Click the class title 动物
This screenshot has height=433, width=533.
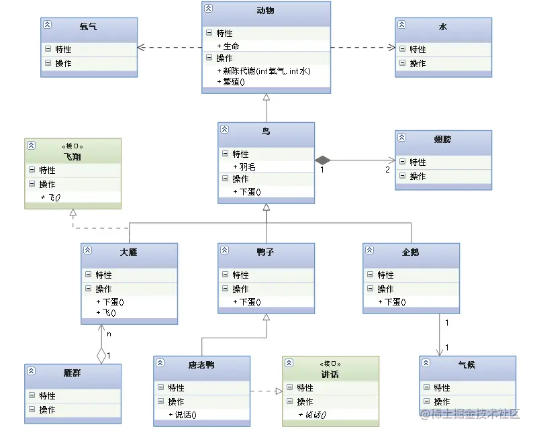pos(266,11)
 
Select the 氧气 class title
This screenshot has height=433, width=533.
pos(89,27)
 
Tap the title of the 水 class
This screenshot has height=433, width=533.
pos(443,27)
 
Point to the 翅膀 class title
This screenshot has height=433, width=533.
pos(443,140)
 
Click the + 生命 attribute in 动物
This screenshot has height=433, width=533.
pos(228,46)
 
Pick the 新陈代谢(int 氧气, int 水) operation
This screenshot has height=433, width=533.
pos(264,70)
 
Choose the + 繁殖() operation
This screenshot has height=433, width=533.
pos(231,82)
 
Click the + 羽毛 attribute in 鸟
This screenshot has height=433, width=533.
pos(244,166)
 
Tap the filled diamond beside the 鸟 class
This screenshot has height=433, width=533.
pos(323,160)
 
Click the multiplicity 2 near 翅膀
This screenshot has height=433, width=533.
pos(387,169)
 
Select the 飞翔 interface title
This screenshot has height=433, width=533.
pos(72,156)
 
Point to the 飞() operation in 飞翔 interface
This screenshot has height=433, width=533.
pos(50,197)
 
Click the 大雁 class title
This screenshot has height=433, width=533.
pos(129,252)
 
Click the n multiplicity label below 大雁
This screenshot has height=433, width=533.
pos(109,333)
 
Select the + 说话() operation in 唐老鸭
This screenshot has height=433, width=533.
pos(182,414)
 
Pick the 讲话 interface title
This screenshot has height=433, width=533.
pos(330,374)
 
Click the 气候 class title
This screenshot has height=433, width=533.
pos(467,365)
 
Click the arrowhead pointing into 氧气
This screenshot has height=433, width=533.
pos(141,47)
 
